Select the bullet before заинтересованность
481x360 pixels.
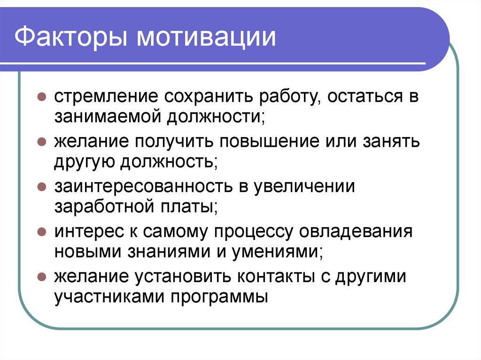[x=41, y=187]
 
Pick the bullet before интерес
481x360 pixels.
[x=41, y=232]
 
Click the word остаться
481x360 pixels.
[x=357, y=97]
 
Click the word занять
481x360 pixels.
[x=390, y=141]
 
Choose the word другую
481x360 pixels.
[x=85, y=162]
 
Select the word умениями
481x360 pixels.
[x=277, y=252]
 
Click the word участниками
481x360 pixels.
[x=109, y=297]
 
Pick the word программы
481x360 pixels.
[x=219, y=297]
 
